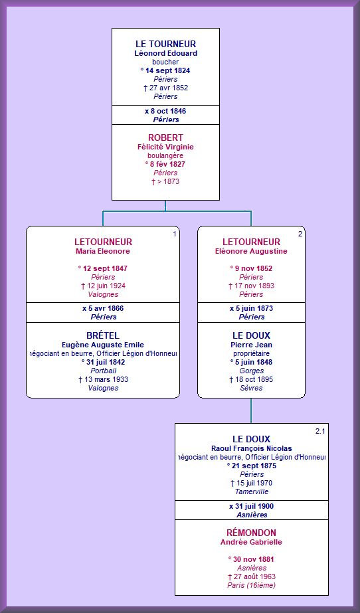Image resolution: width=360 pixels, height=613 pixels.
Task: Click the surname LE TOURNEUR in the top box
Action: (x=166, y=44)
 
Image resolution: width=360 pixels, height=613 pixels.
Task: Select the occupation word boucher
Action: (x=166, y=62)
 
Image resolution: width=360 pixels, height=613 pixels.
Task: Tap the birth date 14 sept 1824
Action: (x=166, y=70)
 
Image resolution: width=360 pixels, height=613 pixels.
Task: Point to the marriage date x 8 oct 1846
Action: (x=166, y=111)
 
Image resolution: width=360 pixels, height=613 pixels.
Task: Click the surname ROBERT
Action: (x=166, y=137)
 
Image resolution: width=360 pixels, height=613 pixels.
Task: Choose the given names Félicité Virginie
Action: (x=166, y=147)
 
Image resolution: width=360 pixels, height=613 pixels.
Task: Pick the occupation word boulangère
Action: (x=166, y=155)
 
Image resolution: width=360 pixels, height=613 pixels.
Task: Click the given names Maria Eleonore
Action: (x=103, y=252)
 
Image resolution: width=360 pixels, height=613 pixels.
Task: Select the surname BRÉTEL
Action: (x=103, y=335)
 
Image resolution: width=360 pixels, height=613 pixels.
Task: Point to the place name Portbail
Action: (x=104, y=371)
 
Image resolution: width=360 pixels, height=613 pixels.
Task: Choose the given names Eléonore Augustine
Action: (x=251, y=252)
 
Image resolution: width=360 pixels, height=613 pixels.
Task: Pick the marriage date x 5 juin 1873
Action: (x=251, y=308)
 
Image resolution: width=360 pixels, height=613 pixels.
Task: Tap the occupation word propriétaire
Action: (x=251, y=353)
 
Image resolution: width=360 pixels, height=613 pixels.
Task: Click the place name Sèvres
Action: (x=251, y=388)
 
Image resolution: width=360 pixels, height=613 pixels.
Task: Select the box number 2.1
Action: (x=320, y=431)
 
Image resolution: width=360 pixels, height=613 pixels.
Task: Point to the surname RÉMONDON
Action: (x=251, y=533)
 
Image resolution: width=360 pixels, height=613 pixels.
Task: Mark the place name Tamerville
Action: (x=252, y=491)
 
